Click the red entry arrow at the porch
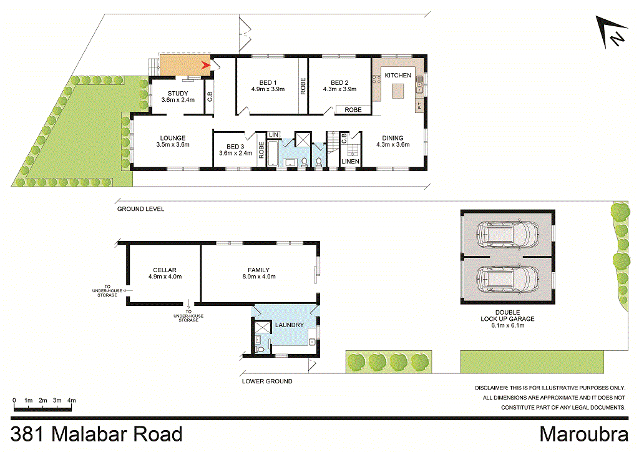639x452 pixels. click(x=205, y=64)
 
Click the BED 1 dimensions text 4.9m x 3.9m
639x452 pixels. click(x=268, y=89)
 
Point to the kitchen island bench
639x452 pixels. click(x=398, y=92)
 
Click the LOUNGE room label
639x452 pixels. click(x=172, y=138)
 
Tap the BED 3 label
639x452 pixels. click(x=235, y=145)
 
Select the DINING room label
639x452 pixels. click(x=393, y=138)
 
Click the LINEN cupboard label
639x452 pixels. click(x=350, y=162)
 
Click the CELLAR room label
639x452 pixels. click(x=165, y=270)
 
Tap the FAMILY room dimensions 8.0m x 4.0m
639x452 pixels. click(x=258, y=277)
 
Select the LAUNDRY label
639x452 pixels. click(x=289, y=325)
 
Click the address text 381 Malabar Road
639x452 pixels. click(x=97, y=434)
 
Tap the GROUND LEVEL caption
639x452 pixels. click(x=140, y=209)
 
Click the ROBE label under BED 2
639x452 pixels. click(x=353, y=110)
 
